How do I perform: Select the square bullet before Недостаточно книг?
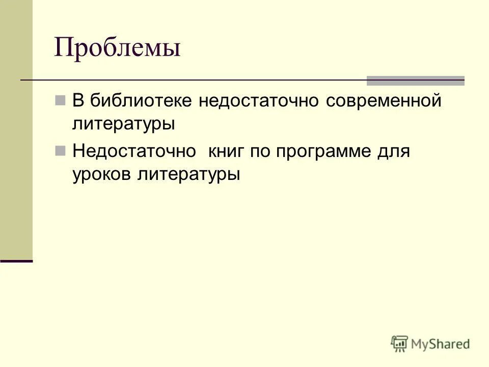(x=60, y=150)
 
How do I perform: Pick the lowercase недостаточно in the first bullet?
(x=260, y=100)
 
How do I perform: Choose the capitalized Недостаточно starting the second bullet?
(x=134, y=151)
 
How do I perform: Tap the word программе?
(x=325, y=151)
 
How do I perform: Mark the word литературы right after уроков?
(x=188, y=174)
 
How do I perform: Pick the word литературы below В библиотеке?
(x=124, y=124)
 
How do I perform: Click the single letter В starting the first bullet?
(x=78, y=100)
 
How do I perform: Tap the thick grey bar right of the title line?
(x=416, y=80)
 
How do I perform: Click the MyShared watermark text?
(x=441, y=344)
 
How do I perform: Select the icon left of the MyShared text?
(x=400, y=344)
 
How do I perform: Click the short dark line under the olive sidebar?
(x=16, y=260)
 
